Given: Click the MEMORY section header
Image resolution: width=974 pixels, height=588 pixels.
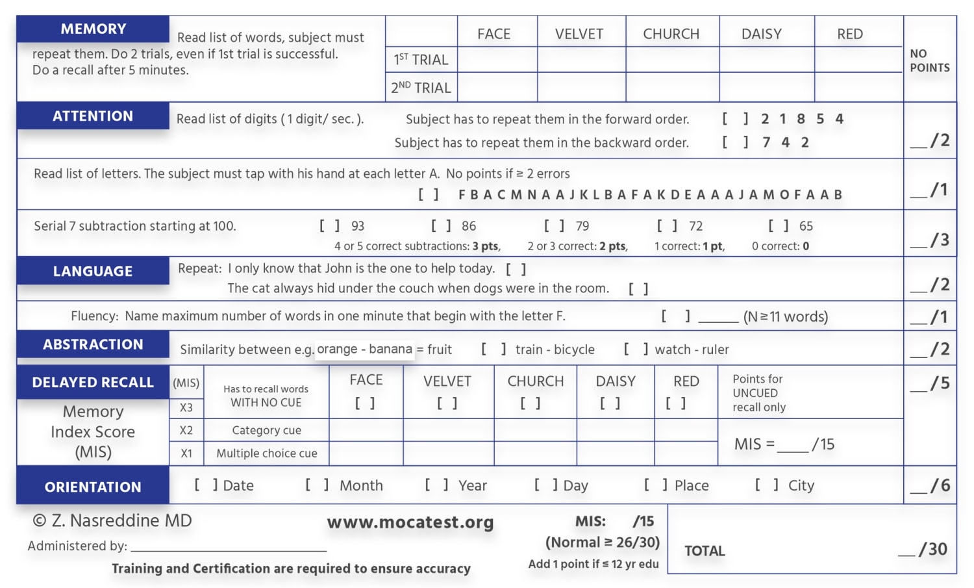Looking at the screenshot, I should pyautogui.click(x=93, y=29).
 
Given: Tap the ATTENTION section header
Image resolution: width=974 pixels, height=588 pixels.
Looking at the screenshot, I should pyautogui.click(x=93, y=116).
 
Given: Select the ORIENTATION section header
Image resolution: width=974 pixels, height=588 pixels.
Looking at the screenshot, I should pyautogui.click(x=93, y=487).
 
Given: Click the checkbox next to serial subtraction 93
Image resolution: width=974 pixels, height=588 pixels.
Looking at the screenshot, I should pyautogui.click(x=329, y=226).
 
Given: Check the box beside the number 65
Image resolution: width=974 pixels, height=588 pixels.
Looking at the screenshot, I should pyautogui.click(x=779, y=226).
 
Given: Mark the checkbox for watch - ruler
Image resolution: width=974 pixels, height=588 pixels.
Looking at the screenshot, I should pyautogui.click(x=636, y=350).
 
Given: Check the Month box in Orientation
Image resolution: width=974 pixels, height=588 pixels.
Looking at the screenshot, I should pyautogui.click(x=317, y=485).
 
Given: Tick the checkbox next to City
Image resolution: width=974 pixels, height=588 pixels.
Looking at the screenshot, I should pyautogui.click(x=766, y=485).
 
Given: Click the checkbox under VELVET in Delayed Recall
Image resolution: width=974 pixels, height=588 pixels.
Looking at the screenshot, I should pyautogui.click(x=447, y=403).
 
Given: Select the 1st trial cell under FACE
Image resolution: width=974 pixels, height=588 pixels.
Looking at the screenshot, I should pyautogui.click(x=497, y=59).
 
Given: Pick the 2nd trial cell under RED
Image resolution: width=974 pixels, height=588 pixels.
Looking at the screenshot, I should pyautogui.click(x=858, y=87).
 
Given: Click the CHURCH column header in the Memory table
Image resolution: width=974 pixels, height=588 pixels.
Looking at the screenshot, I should pyautogui.click(x=671, y=34).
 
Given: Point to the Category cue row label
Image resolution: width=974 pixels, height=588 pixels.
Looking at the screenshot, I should pyautogui.click(x=266, y=430).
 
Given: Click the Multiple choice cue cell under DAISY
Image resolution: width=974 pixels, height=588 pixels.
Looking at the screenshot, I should pyautogui.click(x=615, y=454).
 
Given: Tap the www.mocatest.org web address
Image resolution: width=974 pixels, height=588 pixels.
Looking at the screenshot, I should pyautogui.click(x=410, y=522).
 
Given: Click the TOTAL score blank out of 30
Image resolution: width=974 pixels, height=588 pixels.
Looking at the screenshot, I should pyautogui.click(x=906, y=551).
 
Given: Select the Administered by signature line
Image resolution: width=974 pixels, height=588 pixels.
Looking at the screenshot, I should pyautogui.click(x=228, y=546).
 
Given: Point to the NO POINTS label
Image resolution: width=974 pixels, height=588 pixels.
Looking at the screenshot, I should pyautogui.click(x=929, y=60).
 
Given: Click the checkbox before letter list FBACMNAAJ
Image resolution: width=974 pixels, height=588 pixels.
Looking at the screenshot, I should pyautogui.click(x=429, y=194).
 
